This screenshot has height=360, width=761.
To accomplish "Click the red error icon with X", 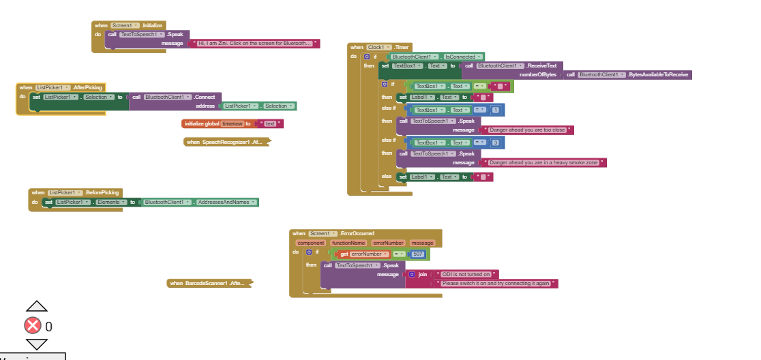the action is pyautogui.click(x=33, y=325).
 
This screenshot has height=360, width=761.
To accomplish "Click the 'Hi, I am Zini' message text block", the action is pyautogui.click(x=255, y=43).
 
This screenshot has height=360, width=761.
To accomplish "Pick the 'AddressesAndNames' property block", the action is pyautogui.click(x=225, y=202).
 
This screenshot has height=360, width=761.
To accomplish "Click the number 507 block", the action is pyautogui.click(x=418, y=254).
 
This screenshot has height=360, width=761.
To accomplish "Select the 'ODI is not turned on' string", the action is pyautogui.click(x=466, y=274).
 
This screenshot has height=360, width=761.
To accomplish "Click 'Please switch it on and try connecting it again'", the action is pyautogui.click(x=496, y=283).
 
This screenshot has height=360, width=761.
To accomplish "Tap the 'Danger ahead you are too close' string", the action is pyautogui.click(x=527, y=130).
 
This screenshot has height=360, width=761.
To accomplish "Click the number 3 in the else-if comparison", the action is pyautogui.click(x=495, y=142).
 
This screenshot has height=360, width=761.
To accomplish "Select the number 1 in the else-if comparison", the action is pyautogui.click(x=495, y=110).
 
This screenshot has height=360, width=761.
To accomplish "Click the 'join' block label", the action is pyautogui.click(x=422, y=274).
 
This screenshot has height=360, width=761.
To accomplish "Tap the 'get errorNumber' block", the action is pyautogui.click(x=364, y=254).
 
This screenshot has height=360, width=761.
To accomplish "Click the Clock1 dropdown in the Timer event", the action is pyautogui.click(x=379, y=47).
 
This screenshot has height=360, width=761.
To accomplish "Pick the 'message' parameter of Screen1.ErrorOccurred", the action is pyautogui.click(x=422, y=243).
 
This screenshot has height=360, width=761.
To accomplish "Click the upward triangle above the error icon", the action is pyautogui.click(x=36, y=306).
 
